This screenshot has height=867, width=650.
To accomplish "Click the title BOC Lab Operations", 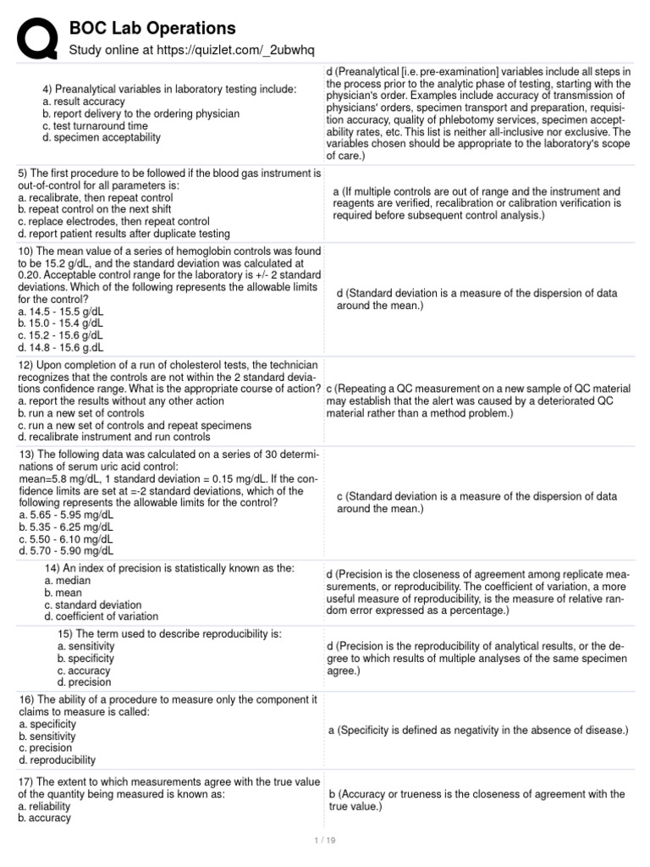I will point(151,29).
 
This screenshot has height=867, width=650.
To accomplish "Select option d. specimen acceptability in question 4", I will point(102,137).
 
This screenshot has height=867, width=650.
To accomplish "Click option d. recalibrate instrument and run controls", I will point(114,437).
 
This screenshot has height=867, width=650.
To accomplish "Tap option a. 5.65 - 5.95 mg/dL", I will point(65,514).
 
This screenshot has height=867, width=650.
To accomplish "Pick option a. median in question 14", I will point(69,581).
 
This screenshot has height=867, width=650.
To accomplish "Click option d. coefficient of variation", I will point(101,616).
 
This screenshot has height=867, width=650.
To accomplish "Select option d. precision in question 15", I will point(85,682).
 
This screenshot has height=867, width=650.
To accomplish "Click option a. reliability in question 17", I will point(48,806).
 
